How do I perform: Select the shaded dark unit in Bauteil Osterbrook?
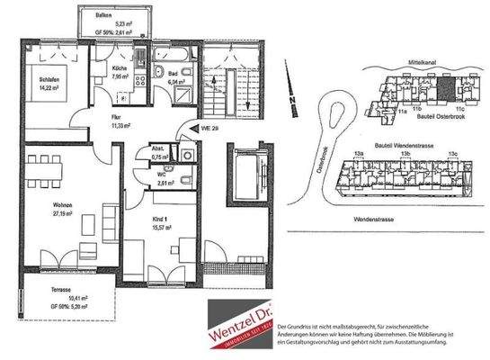[447, 88]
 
